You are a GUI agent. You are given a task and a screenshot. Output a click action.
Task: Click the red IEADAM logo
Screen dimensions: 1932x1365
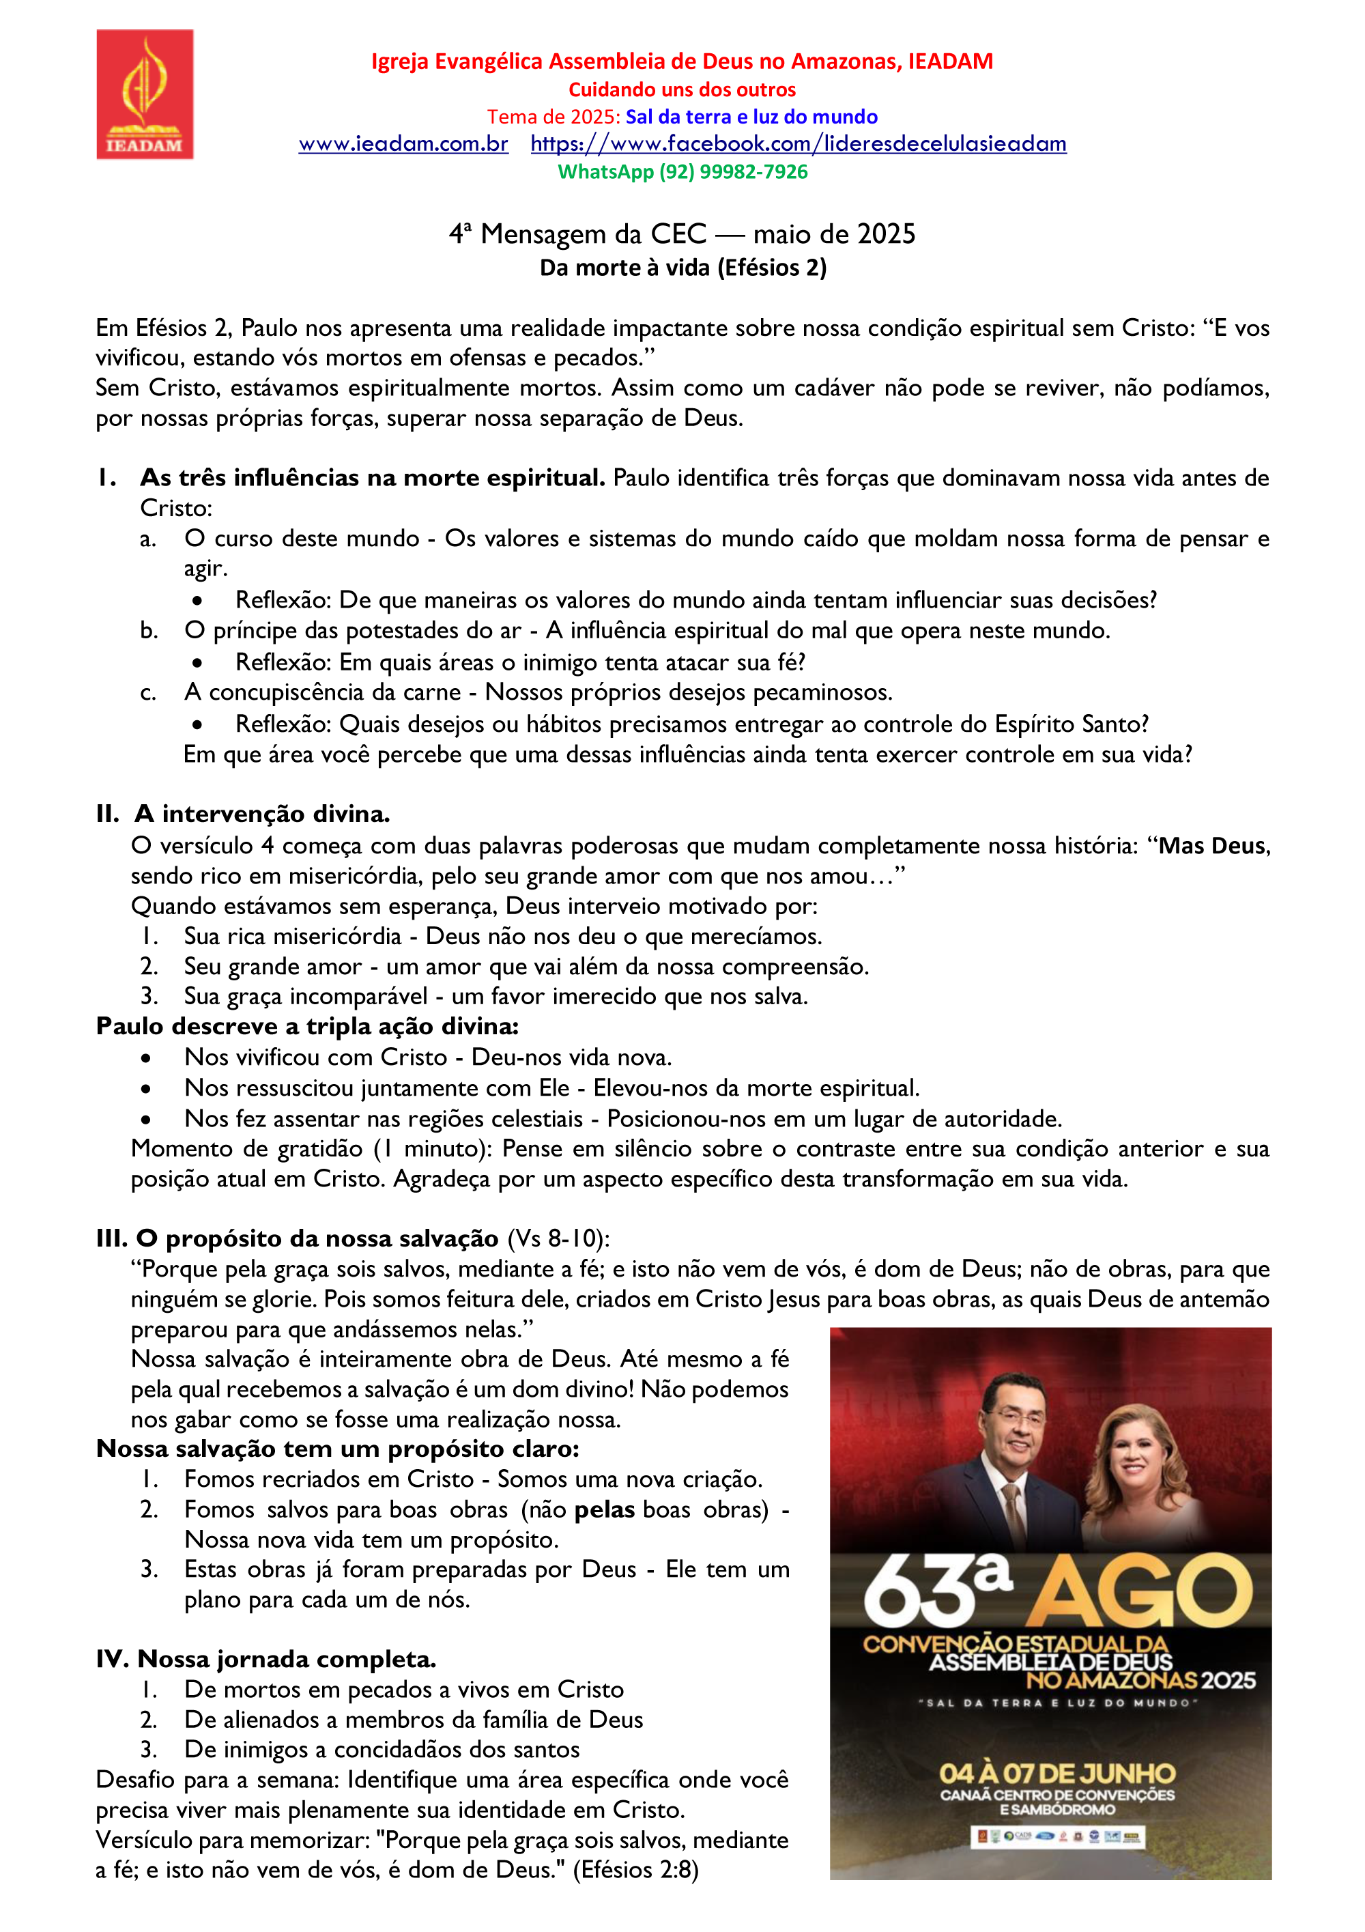pos(145,94)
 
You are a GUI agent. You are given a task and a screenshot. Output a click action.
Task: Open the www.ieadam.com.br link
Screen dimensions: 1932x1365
pos(403,144)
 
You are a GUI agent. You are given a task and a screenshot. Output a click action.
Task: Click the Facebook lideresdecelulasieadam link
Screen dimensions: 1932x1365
pos(798,144)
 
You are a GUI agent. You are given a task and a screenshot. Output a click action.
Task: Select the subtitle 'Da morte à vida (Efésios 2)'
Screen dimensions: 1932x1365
pos(683,268)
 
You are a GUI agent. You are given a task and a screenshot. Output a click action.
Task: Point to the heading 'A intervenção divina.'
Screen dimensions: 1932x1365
pos(261,814)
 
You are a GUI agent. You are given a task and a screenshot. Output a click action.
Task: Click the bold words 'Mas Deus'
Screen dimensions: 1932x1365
pos(1213,846)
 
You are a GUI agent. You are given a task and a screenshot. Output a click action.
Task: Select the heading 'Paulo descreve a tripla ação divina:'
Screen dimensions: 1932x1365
pos(307,1027)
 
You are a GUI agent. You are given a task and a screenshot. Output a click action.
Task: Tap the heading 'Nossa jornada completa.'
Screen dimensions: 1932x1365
pos(286,1658)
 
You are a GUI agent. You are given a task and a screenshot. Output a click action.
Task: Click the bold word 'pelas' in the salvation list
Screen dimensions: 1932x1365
pos(604,1509)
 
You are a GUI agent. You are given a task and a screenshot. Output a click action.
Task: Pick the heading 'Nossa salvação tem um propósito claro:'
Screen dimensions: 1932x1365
pos(337,1449)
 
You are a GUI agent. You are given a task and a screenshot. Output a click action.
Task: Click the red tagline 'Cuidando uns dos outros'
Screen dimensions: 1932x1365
pos(682,89)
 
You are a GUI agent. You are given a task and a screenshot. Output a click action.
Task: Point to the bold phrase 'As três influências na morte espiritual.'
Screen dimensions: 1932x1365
pos(372,478)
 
